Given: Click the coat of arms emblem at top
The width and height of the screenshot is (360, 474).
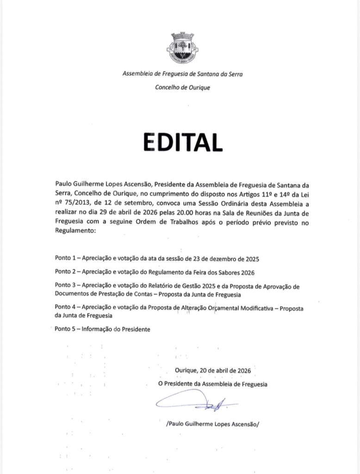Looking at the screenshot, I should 182,48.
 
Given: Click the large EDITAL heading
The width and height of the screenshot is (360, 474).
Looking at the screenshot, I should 182,142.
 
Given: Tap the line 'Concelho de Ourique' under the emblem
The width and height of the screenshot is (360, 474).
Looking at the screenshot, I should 182,87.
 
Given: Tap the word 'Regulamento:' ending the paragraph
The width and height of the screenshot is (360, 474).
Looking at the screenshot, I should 74,230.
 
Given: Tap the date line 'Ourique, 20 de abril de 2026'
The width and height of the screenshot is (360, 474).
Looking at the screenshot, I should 213,370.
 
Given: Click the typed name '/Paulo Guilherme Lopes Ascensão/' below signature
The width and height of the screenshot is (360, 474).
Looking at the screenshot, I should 213,424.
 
